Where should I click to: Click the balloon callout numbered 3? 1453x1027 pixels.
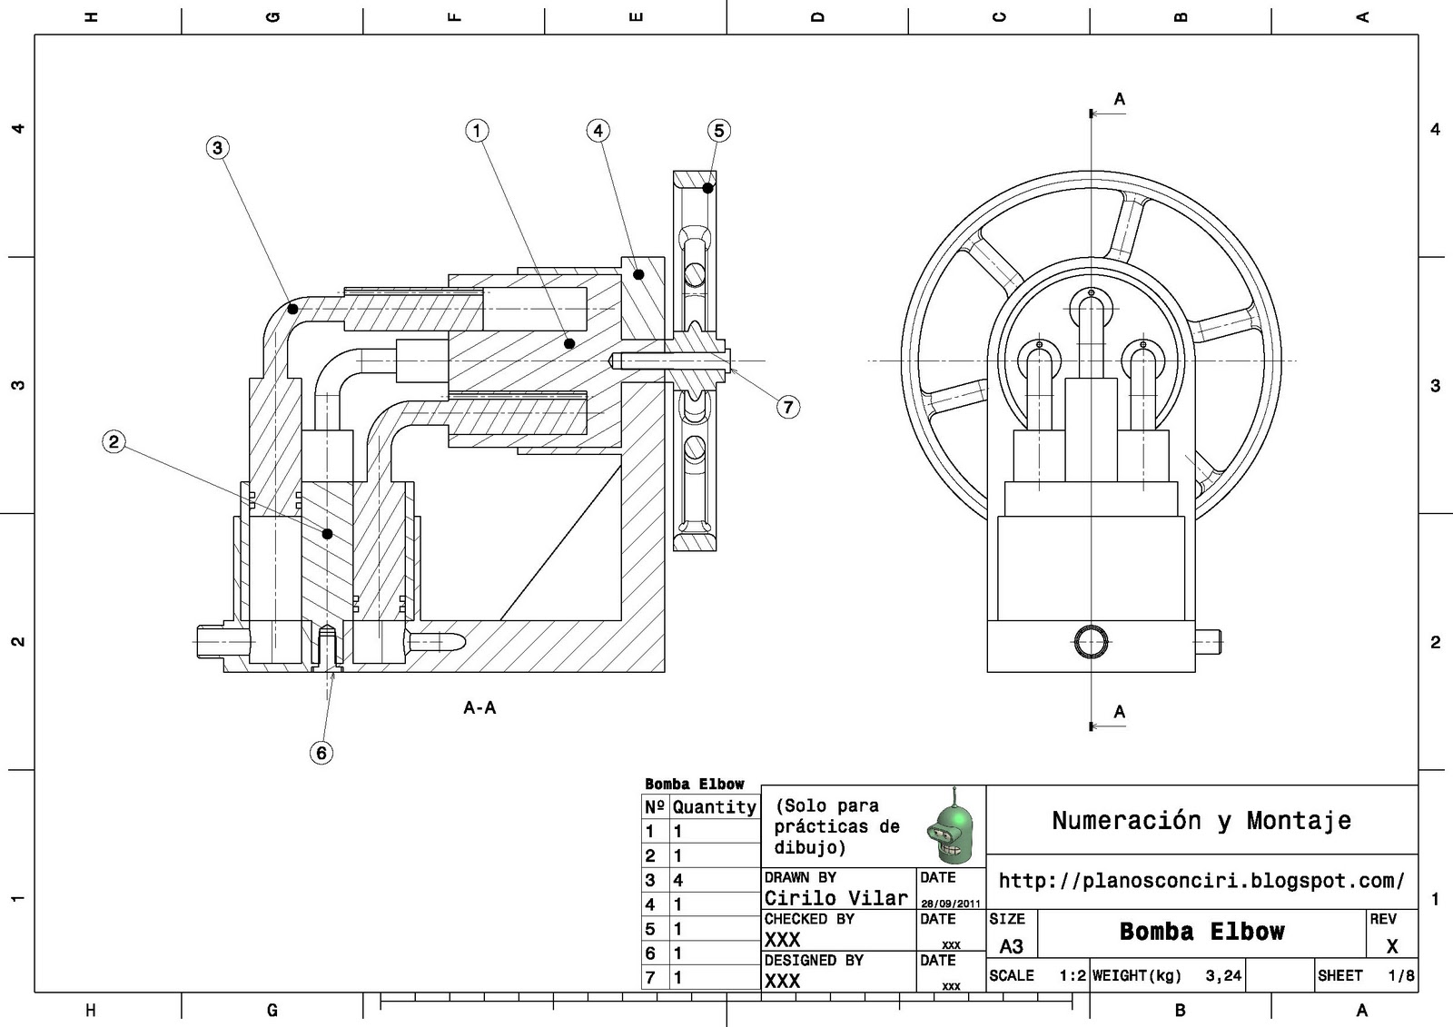tap(217, 148)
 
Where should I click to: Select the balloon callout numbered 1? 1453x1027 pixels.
tap(477, 131)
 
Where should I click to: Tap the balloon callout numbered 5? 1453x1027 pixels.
tap(718, 131)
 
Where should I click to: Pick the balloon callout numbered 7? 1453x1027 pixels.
tap(787, 407)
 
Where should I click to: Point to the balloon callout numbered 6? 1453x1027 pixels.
tap(321, 753)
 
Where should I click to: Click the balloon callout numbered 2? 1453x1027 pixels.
tap(114, 442)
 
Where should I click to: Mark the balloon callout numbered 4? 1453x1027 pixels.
tap(598, 131)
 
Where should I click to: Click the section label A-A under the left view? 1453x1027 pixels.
tap(479, 707)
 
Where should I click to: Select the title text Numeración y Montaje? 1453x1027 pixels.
tap(1201, 821)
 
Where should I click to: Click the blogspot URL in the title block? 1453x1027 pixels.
tap(1201, 881)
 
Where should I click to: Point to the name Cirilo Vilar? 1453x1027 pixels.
tap(835, 898)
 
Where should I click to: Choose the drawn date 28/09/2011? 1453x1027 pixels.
tap(951, 904)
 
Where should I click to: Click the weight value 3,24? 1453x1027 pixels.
tap(1223, 976)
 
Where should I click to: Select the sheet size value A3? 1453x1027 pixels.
tap(1011, 946)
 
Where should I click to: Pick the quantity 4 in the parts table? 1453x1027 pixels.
tap(677, 880)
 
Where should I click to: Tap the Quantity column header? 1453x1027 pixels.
tap(714, 806)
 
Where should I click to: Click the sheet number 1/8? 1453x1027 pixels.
tap(1400, 976)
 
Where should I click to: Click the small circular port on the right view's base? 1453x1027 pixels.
tap(1091, 642)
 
